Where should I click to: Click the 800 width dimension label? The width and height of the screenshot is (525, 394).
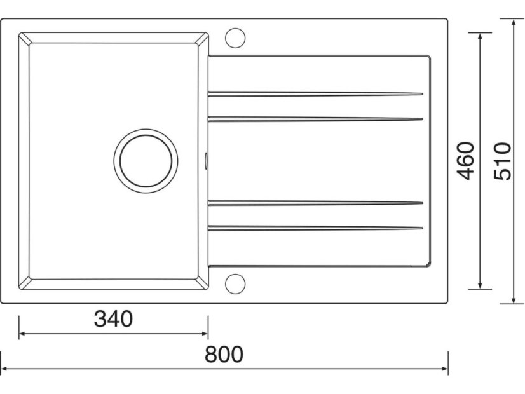pos(224,355)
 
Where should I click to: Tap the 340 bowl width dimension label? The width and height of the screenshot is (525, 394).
pos(113,318)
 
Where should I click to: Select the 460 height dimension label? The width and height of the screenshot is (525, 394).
pos(466,161)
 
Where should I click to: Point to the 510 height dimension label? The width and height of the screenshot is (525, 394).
pos(503,161)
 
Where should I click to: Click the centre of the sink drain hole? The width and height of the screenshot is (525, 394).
pos(146,161)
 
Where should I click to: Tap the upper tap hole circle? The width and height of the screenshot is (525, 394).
pos(235,38)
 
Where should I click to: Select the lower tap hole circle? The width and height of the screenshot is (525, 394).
pos(235,284)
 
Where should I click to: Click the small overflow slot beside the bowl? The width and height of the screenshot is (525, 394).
pos(206,160)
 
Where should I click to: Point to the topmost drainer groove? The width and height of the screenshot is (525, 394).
pos(315,93)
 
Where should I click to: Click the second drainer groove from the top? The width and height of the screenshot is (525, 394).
pos(315,119)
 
